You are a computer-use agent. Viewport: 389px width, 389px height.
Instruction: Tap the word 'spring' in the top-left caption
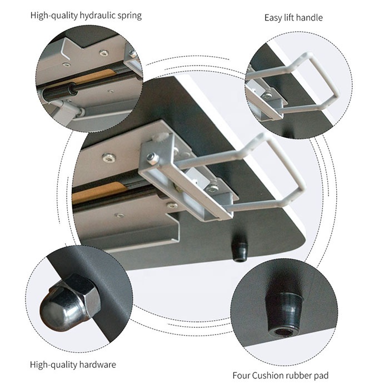pos(129,16)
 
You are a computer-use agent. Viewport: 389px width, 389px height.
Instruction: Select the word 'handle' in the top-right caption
pos(310,18)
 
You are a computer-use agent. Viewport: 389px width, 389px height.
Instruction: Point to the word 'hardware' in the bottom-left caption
pos(97,365)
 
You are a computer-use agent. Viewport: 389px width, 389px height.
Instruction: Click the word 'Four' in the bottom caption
pos(241,375)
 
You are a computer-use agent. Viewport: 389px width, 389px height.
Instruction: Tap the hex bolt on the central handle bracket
pos(151,158)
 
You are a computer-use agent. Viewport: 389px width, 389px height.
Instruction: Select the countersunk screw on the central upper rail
pos(109,157)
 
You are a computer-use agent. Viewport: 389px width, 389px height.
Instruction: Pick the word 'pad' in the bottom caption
pos(321,376)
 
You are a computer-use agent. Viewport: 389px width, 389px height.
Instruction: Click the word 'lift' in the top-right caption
pos(289,18)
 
